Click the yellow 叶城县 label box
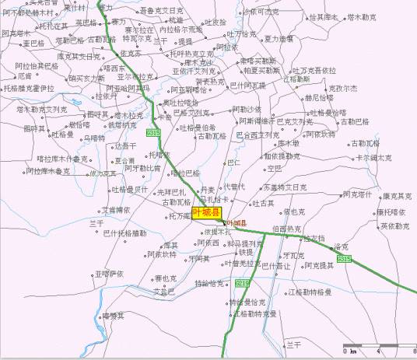pos(206,212)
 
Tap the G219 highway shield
pos(242,282)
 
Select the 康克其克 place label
pos(396,197)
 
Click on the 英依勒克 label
pos(394,226)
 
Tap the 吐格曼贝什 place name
pos(130,189)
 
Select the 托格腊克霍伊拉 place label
pos(29,88)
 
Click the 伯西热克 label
pos(288,229)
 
